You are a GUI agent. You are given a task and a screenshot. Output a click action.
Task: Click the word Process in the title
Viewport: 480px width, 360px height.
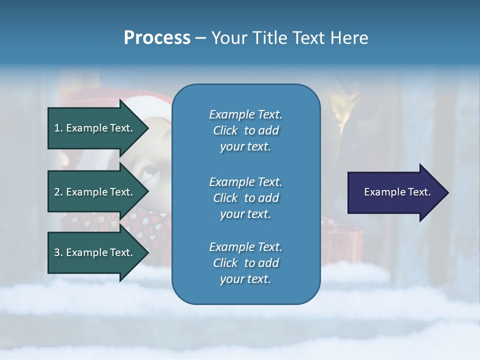pos(157,38)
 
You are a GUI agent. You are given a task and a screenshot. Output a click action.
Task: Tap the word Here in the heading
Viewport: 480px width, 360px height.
pos(348,38)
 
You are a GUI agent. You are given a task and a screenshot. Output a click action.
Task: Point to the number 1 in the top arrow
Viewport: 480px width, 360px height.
pos(57,128)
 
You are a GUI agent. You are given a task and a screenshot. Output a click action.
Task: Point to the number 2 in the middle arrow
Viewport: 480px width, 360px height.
pos(57,192)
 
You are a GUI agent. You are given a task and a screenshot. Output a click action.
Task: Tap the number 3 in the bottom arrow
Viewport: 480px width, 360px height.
pos(57,252)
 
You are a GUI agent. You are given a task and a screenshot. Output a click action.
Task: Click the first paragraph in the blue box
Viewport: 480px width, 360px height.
pos(245,130)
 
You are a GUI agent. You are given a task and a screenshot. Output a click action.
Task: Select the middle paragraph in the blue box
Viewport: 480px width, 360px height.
pos(245,197)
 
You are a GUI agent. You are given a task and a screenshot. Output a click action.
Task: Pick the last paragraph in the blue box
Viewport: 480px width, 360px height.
pos(245,263)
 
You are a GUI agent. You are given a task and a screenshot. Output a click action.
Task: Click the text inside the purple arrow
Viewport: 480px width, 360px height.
pos(397,192)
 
